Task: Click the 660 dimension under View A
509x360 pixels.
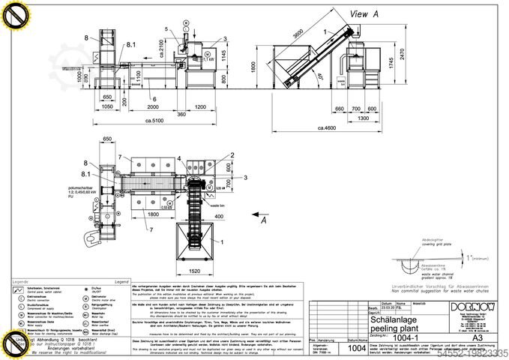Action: pos(339,109)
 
